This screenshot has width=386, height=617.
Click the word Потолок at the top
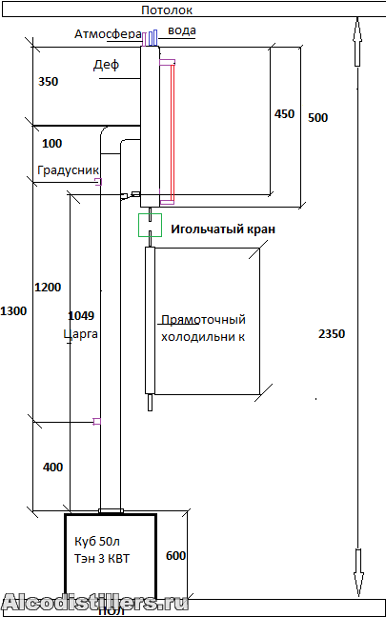(x=167, y=10)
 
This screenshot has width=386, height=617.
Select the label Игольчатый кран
(x=223, y=229)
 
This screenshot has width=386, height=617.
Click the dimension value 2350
(x=332, y=333)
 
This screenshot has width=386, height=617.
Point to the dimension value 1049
(x=81, y=315)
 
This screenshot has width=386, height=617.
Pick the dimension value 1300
(x=13, y=311)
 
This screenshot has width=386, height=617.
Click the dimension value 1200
(x=48, y=288)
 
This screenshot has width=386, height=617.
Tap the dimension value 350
(x=48, y=82)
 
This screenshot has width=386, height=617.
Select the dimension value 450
(x=284, y=113)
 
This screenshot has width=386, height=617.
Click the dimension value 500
(x=317, y=117)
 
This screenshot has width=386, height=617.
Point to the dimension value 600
(x=175, y=556)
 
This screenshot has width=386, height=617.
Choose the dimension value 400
(x=52, y=468)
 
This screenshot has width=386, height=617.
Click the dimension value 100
(x=52, y=143)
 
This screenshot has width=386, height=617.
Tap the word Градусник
(x=68, y=170)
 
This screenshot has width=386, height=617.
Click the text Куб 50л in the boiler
(x=97, y=542)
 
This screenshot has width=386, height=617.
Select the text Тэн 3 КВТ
(x=102, y=558)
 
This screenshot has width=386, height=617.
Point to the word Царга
(x=80, y=334)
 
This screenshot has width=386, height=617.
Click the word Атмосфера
(x=108, y=34)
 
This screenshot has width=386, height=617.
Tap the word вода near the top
(x=182, y=30)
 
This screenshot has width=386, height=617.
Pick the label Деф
(x=106, y=65)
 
